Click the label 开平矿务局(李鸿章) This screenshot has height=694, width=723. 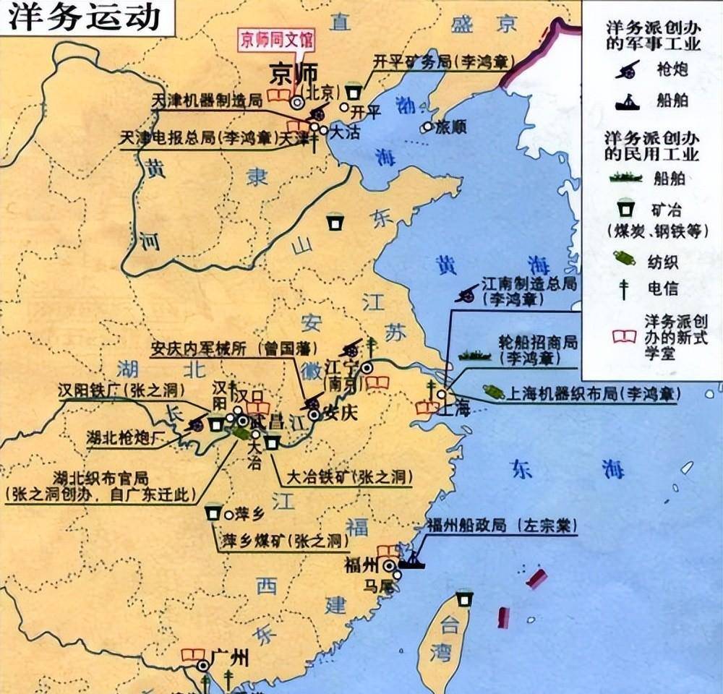(440, 61)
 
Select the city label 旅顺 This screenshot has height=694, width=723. (451, 127)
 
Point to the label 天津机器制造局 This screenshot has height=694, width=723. (206, 100)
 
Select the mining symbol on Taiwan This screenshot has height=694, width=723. (463, 599)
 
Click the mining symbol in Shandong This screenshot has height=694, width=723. (333, 222)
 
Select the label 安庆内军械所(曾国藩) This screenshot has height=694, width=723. (234, 348)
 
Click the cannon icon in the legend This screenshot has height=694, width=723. (626, 69)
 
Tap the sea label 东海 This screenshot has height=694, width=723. (565, 470)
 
